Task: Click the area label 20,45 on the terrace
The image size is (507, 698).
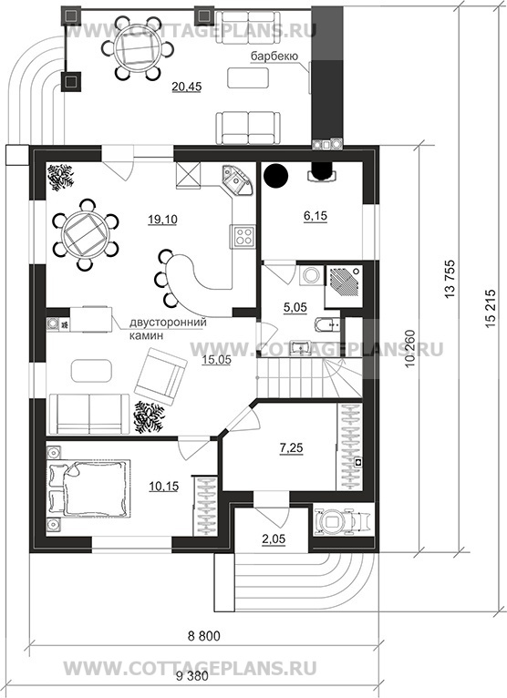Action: (187, 87)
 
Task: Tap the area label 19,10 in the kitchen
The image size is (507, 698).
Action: (162, 219)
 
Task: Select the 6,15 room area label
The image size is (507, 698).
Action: (315, 216)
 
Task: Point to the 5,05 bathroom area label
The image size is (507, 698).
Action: (295, 307)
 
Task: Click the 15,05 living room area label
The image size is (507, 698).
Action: (216, 361)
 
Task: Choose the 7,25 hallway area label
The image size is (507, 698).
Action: (291, 447)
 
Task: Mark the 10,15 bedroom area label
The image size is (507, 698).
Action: (163, 486)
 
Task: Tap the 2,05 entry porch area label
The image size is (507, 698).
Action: (274, 539)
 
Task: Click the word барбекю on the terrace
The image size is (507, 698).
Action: (274, 56)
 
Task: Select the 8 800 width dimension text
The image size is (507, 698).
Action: (204, 636)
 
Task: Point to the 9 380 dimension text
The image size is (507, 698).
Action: (192, 677)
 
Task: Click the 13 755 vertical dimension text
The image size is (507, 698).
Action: (450, 279)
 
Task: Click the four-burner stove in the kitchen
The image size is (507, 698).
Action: (243, 236)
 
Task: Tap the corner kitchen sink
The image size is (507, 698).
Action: (237, 180)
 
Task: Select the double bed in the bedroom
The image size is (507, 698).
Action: (88, 488)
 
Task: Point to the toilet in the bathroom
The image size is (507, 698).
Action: (326, 324)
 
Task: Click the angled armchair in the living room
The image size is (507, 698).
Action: (160, 376)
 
